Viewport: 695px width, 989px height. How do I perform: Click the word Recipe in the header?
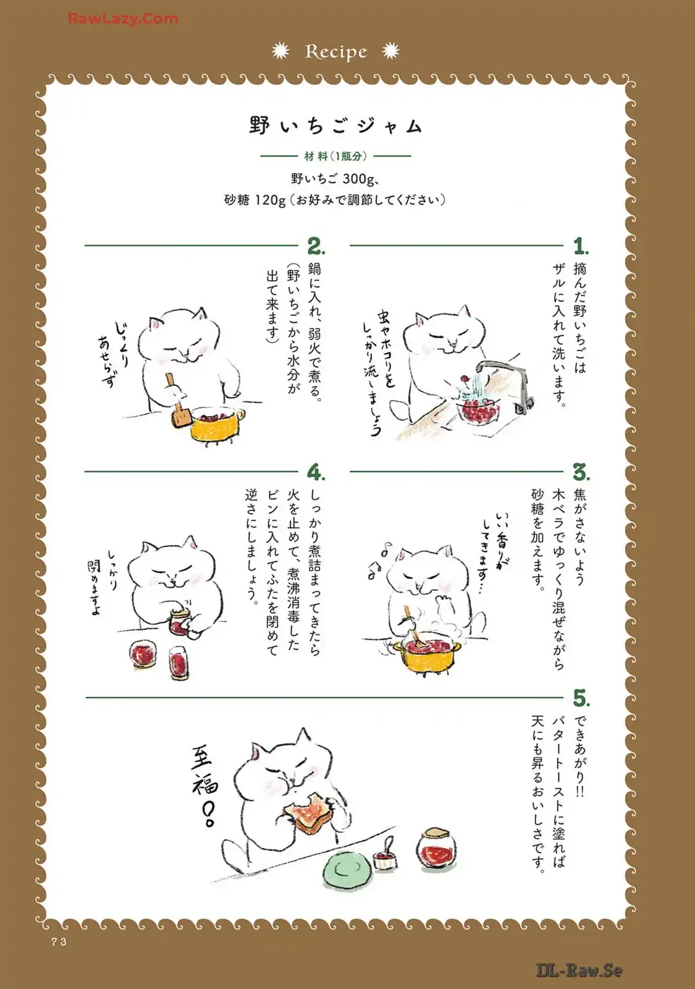pos(336,52)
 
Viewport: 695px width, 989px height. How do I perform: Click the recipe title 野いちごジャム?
pos(336,126)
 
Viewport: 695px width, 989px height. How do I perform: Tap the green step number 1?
pos(581,247)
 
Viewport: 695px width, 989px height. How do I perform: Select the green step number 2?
pos(316,247)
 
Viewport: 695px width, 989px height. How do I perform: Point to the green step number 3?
pos(581,473)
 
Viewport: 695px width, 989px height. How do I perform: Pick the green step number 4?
pos(316,473)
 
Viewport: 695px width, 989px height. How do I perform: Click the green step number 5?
pos(581,698)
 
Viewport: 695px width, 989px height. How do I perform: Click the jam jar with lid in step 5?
pos(436,849)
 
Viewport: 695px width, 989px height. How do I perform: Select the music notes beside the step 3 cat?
pos(379,560)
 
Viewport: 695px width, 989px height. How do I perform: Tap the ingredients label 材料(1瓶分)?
pos(336,156)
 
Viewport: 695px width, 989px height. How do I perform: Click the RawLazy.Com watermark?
pos(123,19)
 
